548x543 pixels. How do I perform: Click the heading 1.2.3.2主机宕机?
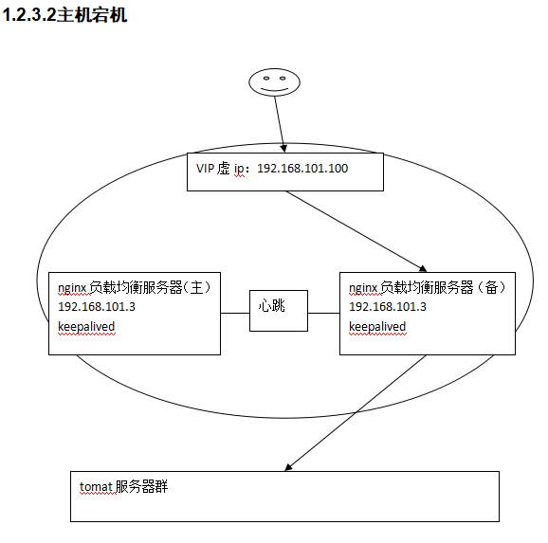pos(64,15)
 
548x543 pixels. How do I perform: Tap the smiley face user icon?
pos(274,82)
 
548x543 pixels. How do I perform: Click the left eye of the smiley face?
pos(266,78)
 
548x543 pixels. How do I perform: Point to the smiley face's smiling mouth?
pos(274,89)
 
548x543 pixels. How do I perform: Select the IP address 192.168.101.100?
pos(302,169)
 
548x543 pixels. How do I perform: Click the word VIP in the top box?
pos(205,169)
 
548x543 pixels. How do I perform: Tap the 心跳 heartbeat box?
pos(279,311)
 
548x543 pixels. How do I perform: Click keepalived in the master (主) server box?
pos(86,327)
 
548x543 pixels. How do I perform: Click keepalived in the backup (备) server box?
pos(377,327)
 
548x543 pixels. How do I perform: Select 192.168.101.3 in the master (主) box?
pos(97,307)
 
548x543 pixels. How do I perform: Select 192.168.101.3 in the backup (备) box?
pos(388,307)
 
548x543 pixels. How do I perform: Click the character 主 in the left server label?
pos(197,287)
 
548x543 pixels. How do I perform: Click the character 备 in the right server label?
pos(491,287)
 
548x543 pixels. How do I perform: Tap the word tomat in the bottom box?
pos(96,487)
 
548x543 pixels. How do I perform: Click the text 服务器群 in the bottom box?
pos(141,486)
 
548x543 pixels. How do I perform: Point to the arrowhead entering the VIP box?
pos(283,148)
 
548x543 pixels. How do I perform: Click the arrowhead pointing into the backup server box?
pos(423,268)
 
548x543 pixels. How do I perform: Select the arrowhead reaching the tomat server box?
pos(288,467)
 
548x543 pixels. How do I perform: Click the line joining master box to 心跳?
pos(235,313)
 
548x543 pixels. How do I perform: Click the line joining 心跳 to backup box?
pos(323,313)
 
